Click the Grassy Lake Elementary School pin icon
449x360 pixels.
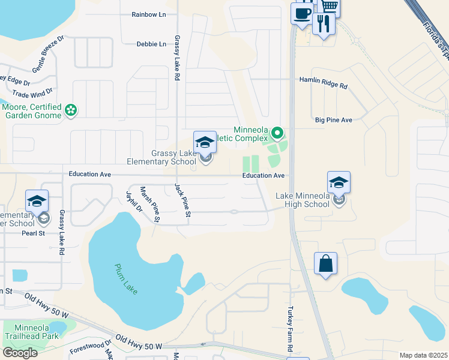pos(205,143)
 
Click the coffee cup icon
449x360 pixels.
pos(301,13)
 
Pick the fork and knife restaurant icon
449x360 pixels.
pos(323,24)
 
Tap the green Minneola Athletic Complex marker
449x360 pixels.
pos(277,132)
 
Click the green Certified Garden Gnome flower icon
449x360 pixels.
pos(71,110)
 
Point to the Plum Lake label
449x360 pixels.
pos(127,279)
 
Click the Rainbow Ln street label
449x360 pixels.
pos(149,14)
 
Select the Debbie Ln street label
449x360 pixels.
pos(151,44)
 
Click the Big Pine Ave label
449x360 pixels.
pos(333,120)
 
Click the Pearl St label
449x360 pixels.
pos(34,233)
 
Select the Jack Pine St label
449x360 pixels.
pos(182,200)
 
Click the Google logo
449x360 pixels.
pos(20,352)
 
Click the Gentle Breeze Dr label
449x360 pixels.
pos(47,61)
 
